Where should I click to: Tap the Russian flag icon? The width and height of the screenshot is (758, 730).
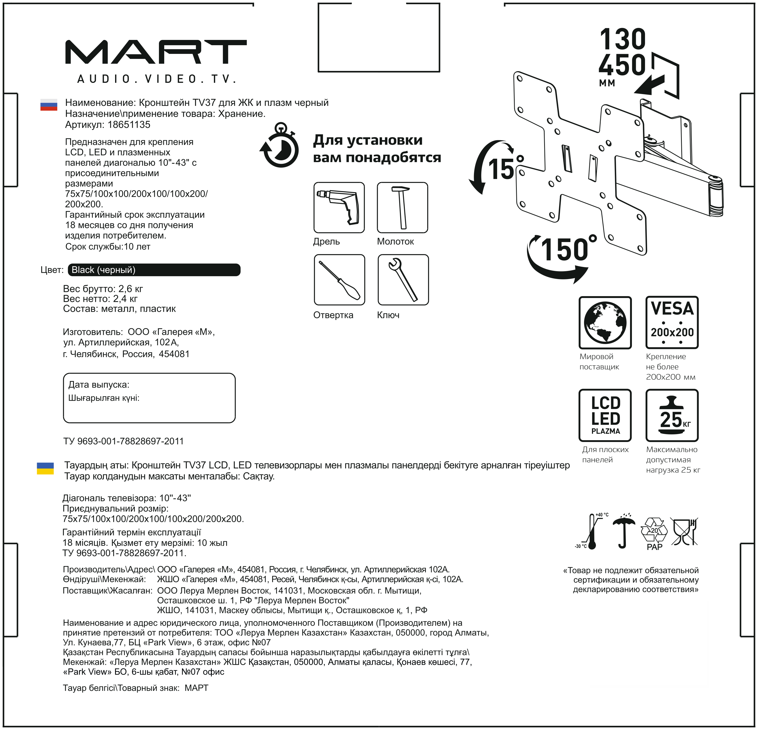point(49,104)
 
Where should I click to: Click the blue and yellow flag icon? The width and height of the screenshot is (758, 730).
point(45,468)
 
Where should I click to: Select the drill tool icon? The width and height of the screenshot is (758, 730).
point(339,207)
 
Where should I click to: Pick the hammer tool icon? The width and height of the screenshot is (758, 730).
point(402,207)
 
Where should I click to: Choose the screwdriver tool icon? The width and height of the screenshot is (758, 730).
point(339,280)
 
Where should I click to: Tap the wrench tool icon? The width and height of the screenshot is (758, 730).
point(403,280)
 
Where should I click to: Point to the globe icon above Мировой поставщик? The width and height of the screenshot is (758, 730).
point(605,323)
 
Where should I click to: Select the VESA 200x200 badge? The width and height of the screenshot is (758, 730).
point(672,323)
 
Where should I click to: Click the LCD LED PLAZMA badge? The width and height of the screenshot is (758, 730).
point(605,415)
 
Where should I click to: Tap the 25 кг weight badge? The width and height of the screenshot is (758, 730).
point(672,415)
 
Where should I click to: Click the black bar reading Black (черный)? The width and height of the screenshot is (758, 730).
point(154,270)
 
